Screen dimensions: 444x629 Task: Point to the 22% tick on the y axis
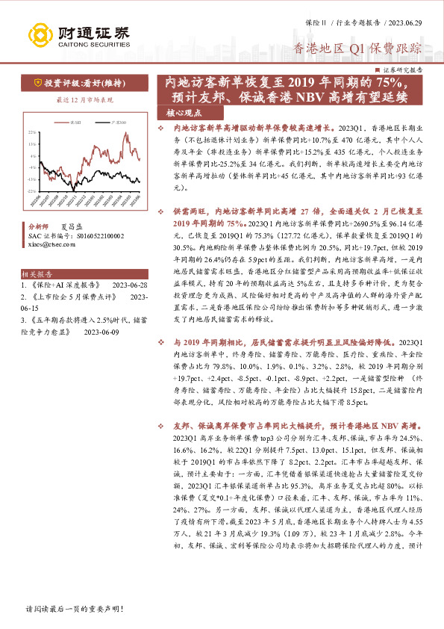coord(31,131)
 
